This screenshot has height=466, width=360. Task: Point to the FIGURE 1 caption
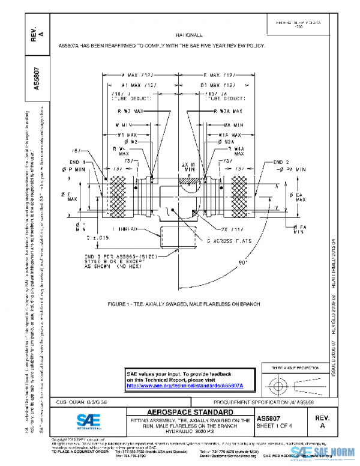pyautogui.click(x=184, y=304)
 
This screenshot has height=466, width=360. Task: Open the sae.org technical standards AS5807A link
pyautogui.click(x=184, y=385)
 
